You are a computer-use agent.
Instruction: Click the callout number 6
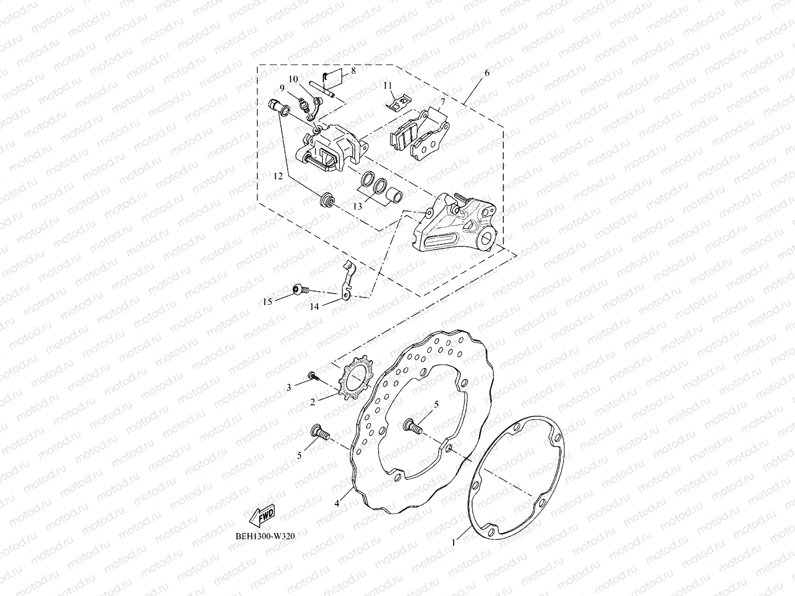pos(486,73)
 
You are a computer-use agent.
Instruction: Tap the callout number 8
pos(353,71)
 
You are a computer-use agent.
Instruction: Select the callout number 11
pos(401,85)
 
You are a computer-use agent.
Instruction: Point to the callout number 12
pos(278,176)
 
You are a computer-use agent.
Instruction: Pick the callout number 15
pos(268,301)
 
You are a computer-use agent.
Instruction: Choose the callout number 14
pos(315,307)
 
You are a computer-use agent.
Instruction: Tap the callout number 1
pos(453,543)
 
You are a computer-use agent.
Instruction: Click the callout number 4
pos(337,503)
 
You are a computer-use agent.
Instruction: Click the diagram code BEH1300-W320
pos(262,536)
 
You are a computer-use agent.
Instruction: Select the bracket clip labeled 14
pos(350,281)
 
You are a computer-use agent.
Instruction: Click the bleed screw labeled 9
pos(303,104)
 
